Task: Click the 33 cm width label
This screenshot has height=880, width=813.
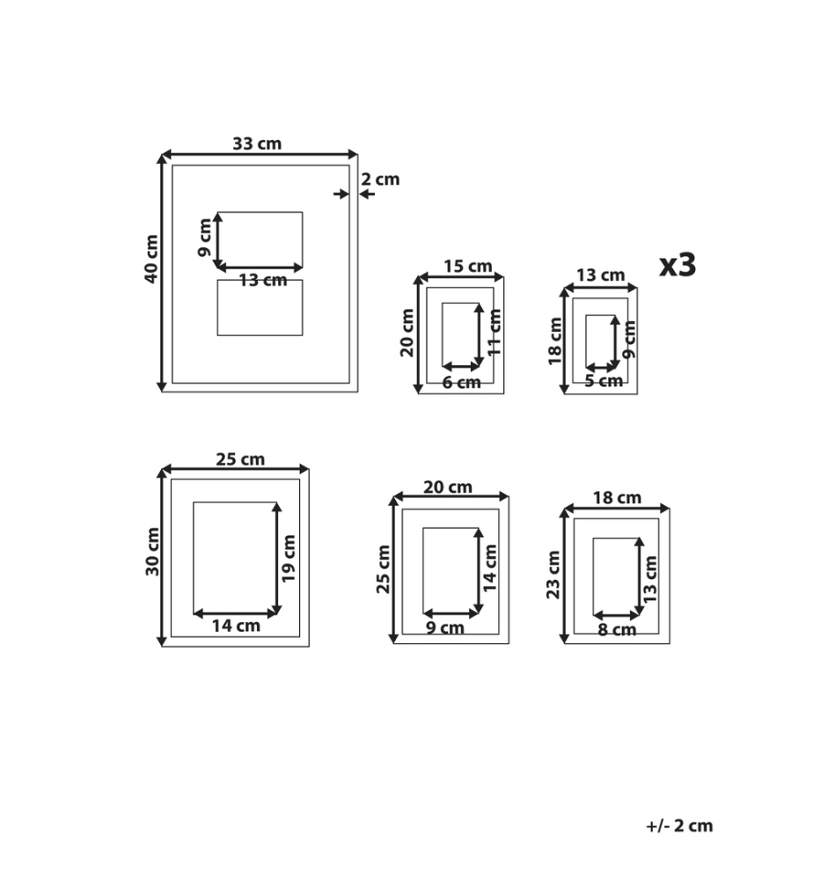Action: tap(257, 143)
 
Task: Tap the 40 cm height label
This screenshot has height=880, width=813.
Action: tap(151, 259)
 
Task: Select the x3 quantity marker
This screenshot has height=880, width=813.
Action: tap(677, 264)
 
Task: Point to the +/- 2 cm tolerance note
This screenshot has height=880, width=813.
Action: tap(679, 825)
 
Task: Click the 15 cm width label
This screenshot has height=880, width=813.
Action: tap(468, 266)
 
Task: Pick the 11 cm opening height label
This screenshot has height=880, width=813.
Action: tap(494, 333)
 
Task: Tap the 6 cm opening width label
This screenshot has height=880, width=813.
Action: tap(461, 383)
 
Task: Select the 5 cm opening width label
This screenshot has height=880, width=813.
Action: tap(604, 381)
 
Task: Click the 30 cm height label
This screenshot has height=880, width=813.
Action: tap(152, 551)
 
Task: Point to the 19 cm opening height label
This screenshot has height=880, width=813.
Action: tap(289, 559)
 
